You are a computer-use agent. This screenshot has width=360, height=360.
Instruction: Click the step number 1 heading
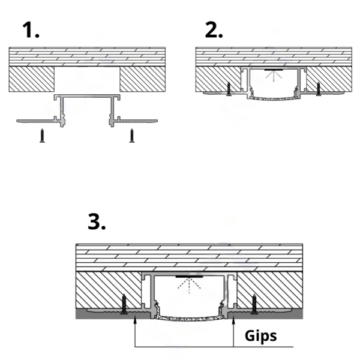point(29,29)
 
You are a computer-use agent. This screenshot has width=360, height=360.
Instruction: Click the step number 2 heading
point(213,29)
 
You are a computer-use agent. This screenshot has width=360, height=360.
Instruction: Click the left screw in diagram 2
point(229,88)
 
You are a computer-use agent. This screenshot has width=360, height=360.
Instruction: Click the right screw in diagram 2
point(317,88)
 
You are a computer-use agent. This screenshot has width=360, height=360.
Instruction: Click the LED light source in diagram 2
point(274,70)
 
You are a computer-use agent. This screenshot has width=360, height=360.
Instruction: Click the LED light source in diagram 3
point(190,278)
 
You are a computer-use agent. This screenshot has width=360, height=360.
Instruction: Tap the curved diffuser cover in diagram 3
point(190,319)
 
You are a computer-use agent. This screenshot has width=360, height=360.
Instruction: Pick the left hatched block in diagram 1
point(33,79)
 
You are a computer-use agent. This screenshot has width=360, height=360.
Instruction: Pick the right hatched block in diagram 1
point(143,79)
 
